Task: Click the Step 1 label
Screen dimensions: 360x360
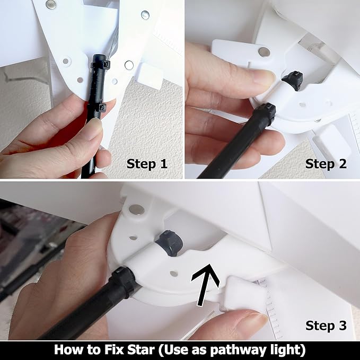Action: coord(147,164)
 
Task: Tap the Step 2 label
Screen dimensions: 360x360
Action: coord(326,164)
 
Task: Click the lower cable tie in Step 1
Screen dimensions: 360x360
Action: coord(99,108)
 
